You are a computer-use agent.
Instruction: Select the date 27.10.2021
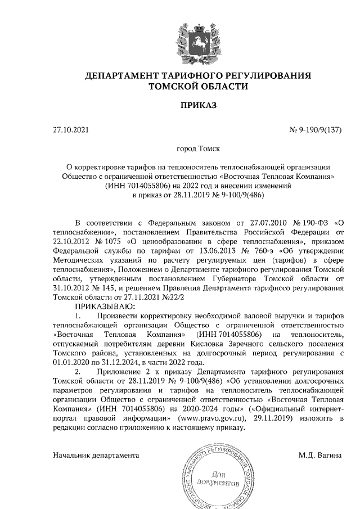pyautogui.click(x=70, y=130)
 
